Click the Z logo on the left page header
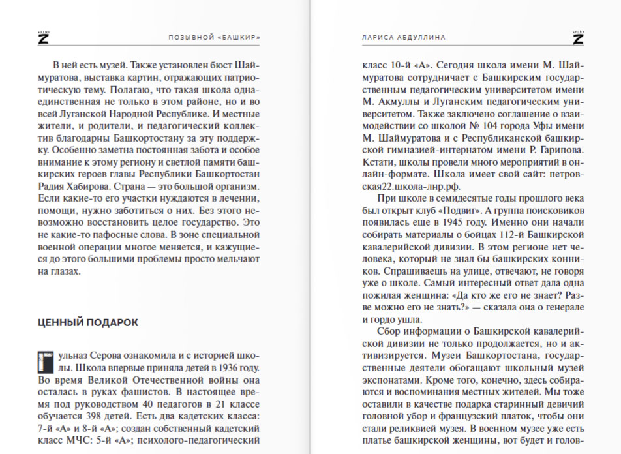pos(43,38)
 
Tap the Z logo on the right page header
pos(578,38)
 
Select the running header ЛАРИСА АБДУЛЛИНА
pos(400,38)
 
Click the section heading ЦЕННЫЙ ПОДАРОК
pos(88,322)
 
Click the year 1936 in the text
pos(229,367)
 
